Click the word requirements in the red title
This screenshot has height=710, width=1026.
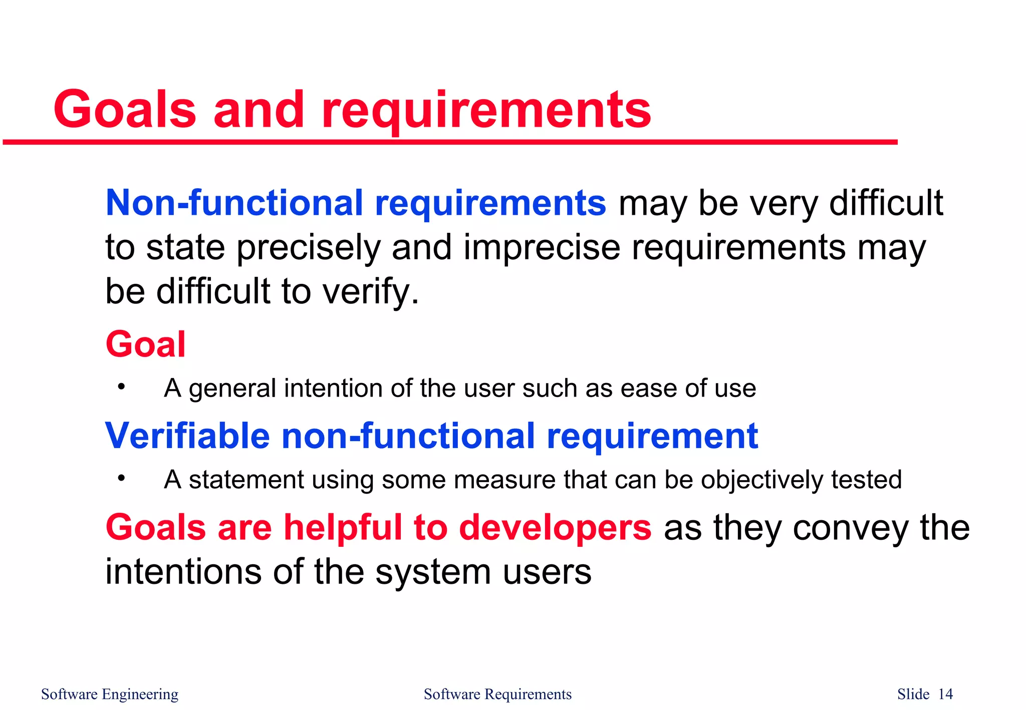(x=486, y=111)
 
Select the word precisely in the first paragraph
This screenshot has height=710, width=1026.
(x=308, y=248)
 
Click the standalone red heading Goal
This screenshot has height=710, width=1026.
(x=145, y=344)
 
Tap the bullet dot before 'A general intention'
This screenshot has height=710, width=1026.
(x=121, y=387)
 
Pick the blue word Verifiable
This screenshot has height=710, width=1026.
(x=187, y=436)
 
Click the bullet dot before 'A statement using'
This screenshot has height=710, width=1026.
(x=121, y=479)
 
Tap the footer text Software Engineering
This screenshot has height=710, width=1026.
(x=110, y=694)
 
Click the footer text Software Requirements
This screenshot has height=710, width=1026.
(x=497, y=694)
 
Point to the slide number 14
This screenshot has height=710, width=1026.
(x=945, y=694)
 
